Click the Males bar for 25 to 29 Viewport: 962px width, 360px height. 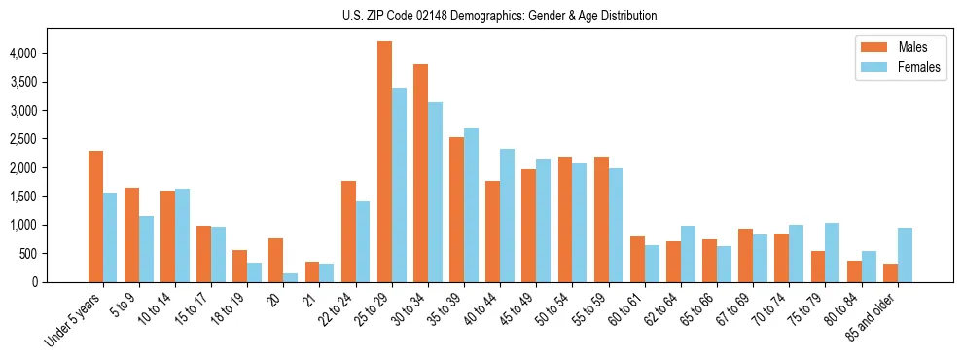pyautogui.click(x=384, y=162)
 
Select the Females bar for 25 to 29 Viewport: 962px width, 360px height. pyautogui.click(x=399, y=185)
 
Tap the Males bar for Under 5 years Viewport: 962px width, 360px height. pyautogui.click(x=95, y=216)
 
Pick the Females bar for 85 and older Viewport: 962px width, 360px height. pyautogui.click(x=905, y=255)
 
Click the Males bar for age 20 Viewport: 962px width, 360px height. pyautogui.click(x=276, y=260)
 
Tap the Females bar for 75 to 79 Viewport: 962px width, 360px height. pyautogui.click(x=833, y=252)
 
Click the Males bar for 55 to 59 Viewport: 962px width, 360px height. pyautogui.click(x=601, y=219)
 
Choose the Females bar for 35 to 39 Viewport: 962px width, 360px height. pyautogui.click(x=471, y=205)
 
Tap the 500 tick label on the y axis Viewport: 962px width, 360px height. pyautogui.click(x=56, y=254)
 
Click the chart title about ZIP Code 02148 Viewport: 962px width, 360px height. pyautogui.click(x=500, y=16)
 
